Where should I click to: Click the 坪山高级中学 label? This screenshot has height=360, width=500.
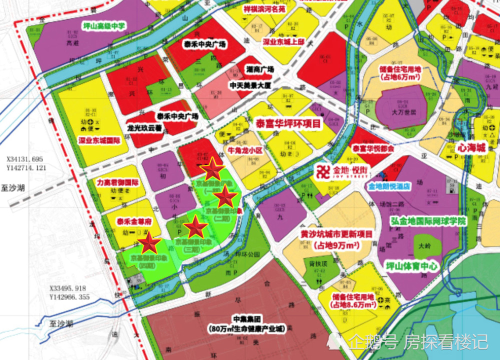104,25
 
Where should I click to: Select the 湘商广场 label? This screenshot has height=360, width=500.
260,69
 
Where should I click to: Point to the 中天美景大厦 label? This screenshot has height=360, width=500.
250,85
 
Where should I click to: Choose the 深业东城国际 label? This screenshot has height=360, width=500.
99,140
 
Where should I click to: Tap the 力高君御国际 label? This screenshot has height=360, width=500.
117,182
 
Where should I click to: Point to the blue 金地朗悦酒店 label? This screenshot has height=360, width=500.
389,186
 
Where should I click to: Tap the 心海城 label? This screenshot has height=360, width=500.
471,148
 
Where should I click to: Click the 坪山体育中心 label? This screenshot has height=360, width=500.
412,266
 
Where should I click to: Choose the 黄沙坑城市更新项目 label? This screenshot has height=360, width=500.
336,234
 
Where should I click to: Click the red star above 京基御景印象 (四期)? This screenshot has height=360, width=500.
149,244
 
